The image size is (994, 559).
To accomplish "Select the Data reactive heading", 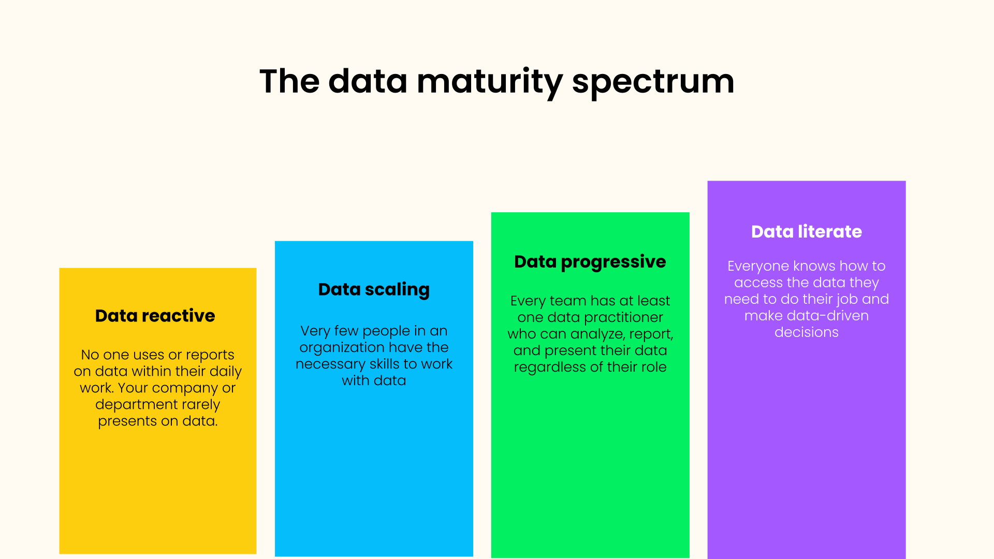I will [155, 316].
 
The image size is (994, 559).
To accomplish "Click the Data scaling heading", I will [374, 289].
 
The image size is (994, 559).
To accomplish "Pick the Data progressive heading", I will [590, 262].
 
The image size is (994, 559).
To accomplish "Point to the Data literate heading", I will [806, 231].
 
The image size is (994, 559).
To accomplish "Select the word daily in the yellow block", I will [225, 372].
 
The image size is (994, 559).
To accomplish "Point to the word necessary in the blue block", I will [330, 364].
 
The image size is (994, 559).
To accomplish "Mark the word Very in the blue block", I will [315, 331].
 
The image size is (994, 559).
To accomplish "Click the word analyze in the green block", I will [598, 334].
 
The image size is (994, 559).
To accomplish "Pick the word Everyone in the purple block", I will [758, 266].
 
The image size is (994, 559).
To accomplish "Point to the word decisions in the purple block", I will [806, 332].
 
